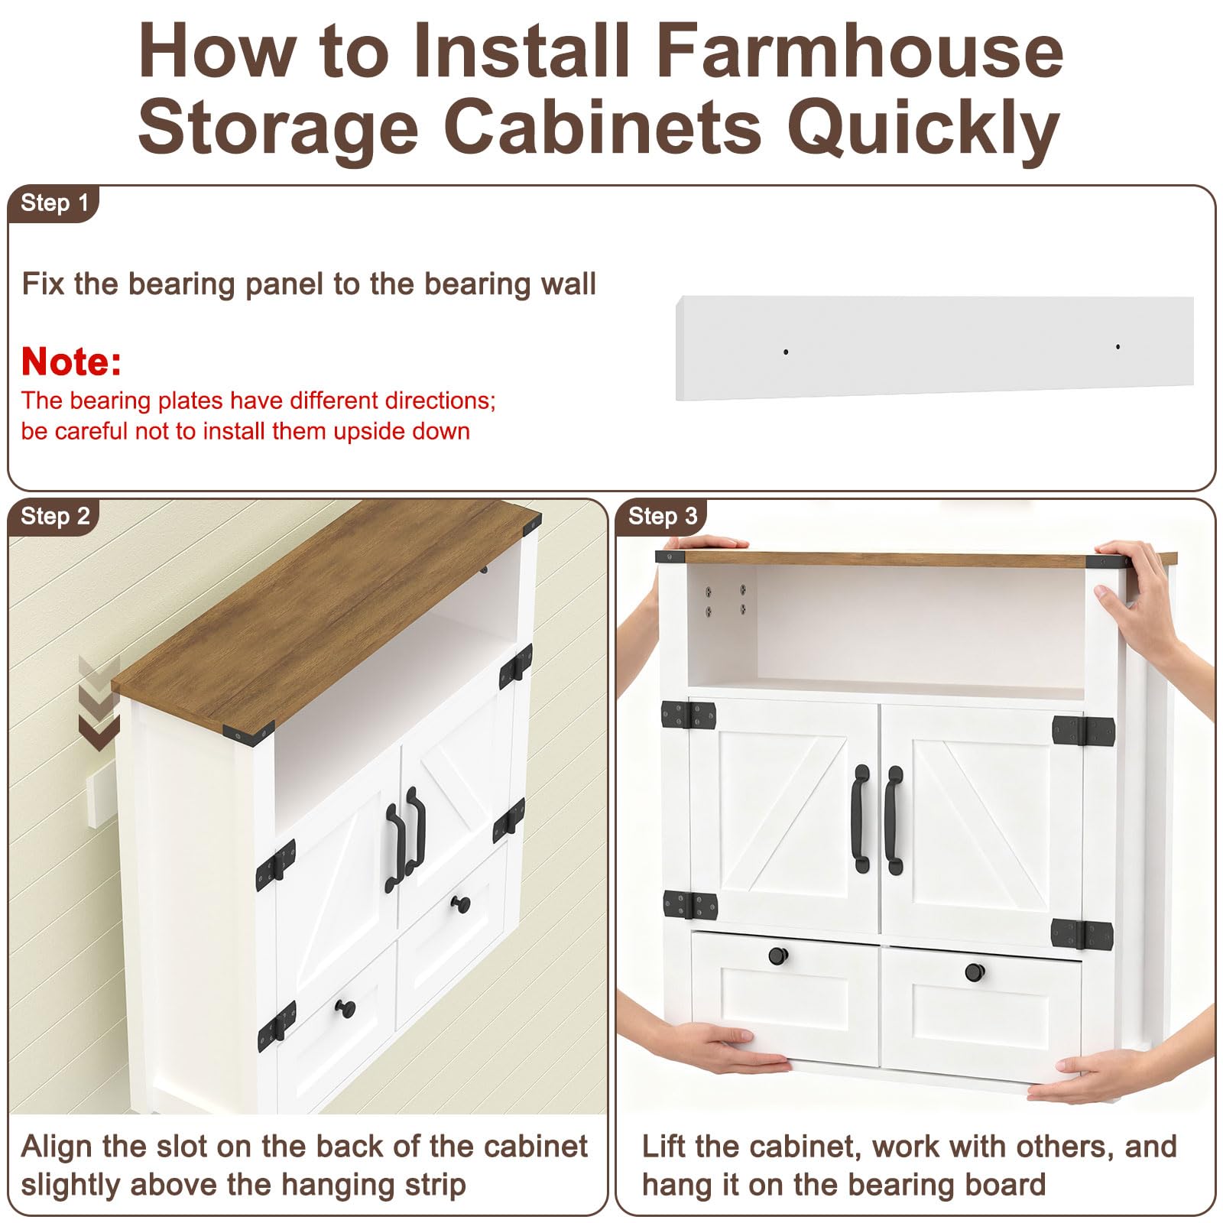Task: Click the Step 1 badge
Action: click(x=54, y=203)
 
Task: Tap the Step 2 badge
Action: click(x=54, y=517)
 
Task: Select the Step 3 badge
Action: click(x=662, y=517)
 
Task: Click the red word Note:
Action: click(x=71, y=362)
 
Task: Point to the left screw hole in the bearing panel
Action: click(x=786, y=352)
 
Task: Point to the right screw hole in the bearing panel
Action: click(x=1118, y=347)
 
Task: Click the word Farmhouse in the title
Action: click(x=860, y=51)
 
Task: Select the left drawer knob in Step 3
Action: click(x=777, y=956)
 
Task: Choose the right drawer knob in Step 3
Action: click(x=975, y=972)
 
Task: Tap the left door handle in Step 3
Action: click(x=861, y=819)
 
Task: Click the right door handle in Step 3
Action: click(x=894, y=820)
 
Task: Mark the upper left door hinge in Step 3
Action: click(x=689, y=715)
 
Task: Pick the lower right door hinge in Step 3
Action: click(x=1082, y=933)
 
